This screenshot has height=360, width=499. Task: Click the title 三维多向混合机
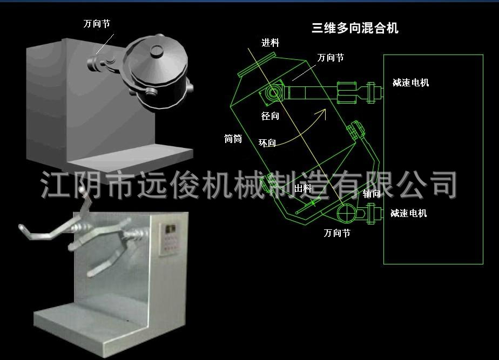click(355, 28)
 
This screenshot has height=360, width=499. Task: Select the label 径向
click(270, 116)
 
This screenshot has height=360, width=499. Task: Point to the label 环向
click(267, 143)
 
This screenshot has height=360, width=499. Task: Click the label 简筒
click(233, 139)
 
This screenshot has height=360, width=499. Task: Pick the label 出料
click(303, 188)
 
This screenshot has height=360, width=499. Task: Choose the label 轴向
click(372, 194)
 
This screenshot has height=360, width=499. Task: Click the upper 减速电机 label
click(411, 83)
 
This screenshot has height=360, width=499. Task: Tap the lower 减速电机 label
click(409, 213)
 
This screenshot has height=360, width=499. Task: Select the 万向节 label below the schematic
click(336, 233)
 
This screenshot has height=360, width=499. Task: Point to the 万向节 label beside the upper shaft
click(331, 58)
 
